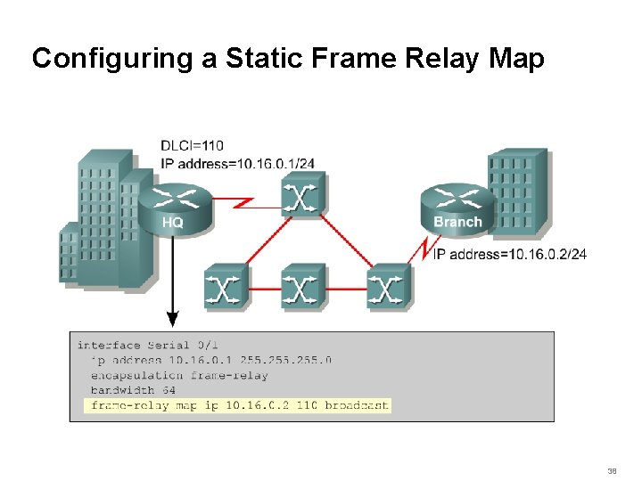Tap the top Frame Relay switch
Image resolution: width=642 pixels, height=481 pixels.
pyautogui.click(x=303, y=193)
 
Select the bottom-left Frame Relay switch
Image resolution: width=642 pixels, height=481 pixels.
pyautogui.click(x=226, y=287)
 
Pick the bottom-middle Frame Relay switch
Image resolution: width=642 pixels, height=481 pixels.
pyautogui.click(x=303, y=287)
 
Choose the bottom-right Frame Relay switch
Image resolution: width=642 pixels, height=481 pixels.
pyautogui.click(x=386, y=287)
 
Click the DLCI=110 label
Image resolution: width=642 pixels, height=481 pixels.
pyautogui.click(x=192, y=145)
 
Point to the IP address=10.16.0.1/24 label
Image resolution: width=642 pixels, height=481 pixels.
pyautogui.click(x=237, y=162)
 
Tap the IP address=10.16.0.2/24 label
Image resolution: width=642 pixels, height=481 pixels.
pyautogui.click(x=509, y=255)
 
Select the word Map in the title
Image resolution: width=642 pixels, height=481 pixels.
pyautogui.click(x=516, y=59)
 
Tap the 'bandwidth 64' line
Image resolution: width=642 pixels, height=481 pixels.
pyautogui.click(x=133, y=390)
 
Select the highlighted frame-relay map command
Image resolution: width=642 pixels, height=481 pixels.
pyautogui.click(x=238, y=405)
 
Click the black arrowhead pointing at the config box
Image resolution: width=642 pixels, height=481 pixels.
pyautogui.click(x=173, y=319)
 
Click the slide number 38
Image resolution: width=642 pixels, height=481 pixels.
pyautogui.click(x=612, y=469)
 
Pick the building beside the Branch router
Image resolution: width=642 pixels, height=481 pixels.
pyautogui.click(x=517, y=192)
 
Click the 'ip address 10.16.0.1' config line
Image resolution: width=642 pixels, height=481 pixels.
pyautogui.click(x=210, y=360)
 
